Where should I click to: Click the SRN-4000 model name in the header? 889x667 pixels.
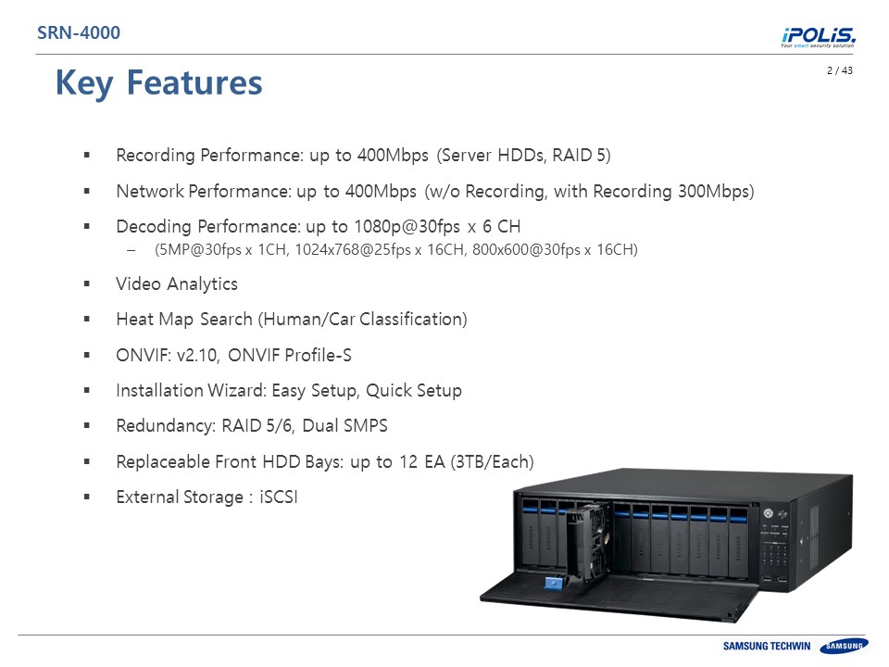point(78,33)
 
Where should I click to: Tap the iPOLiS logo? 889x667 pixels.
point(818,37)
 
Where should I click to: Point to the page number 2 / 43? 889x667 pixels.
point(840,70)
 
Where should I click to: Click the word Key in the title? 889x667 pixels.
point(84,83)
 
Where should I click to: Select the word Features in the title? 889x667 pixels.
point(194,82)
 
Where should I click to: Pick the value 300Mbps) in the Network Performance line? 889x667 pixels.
point(716,192)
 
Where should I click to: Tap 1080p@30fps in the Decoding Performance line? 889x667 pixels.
point(407,227)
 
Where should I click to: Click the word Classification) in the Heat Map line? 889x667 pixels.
point(413,320)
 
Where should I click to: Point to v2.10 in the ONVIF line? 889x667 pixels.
point(198,356)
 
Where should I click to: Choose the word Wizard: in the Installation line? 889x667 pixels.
point(237,391)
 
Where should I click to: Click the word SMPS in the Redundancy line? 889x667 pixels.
point(366,426)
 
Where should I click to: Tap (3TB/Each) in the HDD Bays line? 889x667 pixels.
point(492,462)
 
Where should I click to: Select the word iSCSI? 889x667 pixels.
point(279,497)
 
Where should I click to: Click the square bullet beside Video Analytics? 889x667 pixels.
point(87,283)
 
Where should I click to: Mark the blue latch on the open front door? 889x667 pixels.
point(554,583)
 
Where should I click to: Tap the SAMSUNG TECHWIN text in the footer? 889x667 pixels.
point(767,646)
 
